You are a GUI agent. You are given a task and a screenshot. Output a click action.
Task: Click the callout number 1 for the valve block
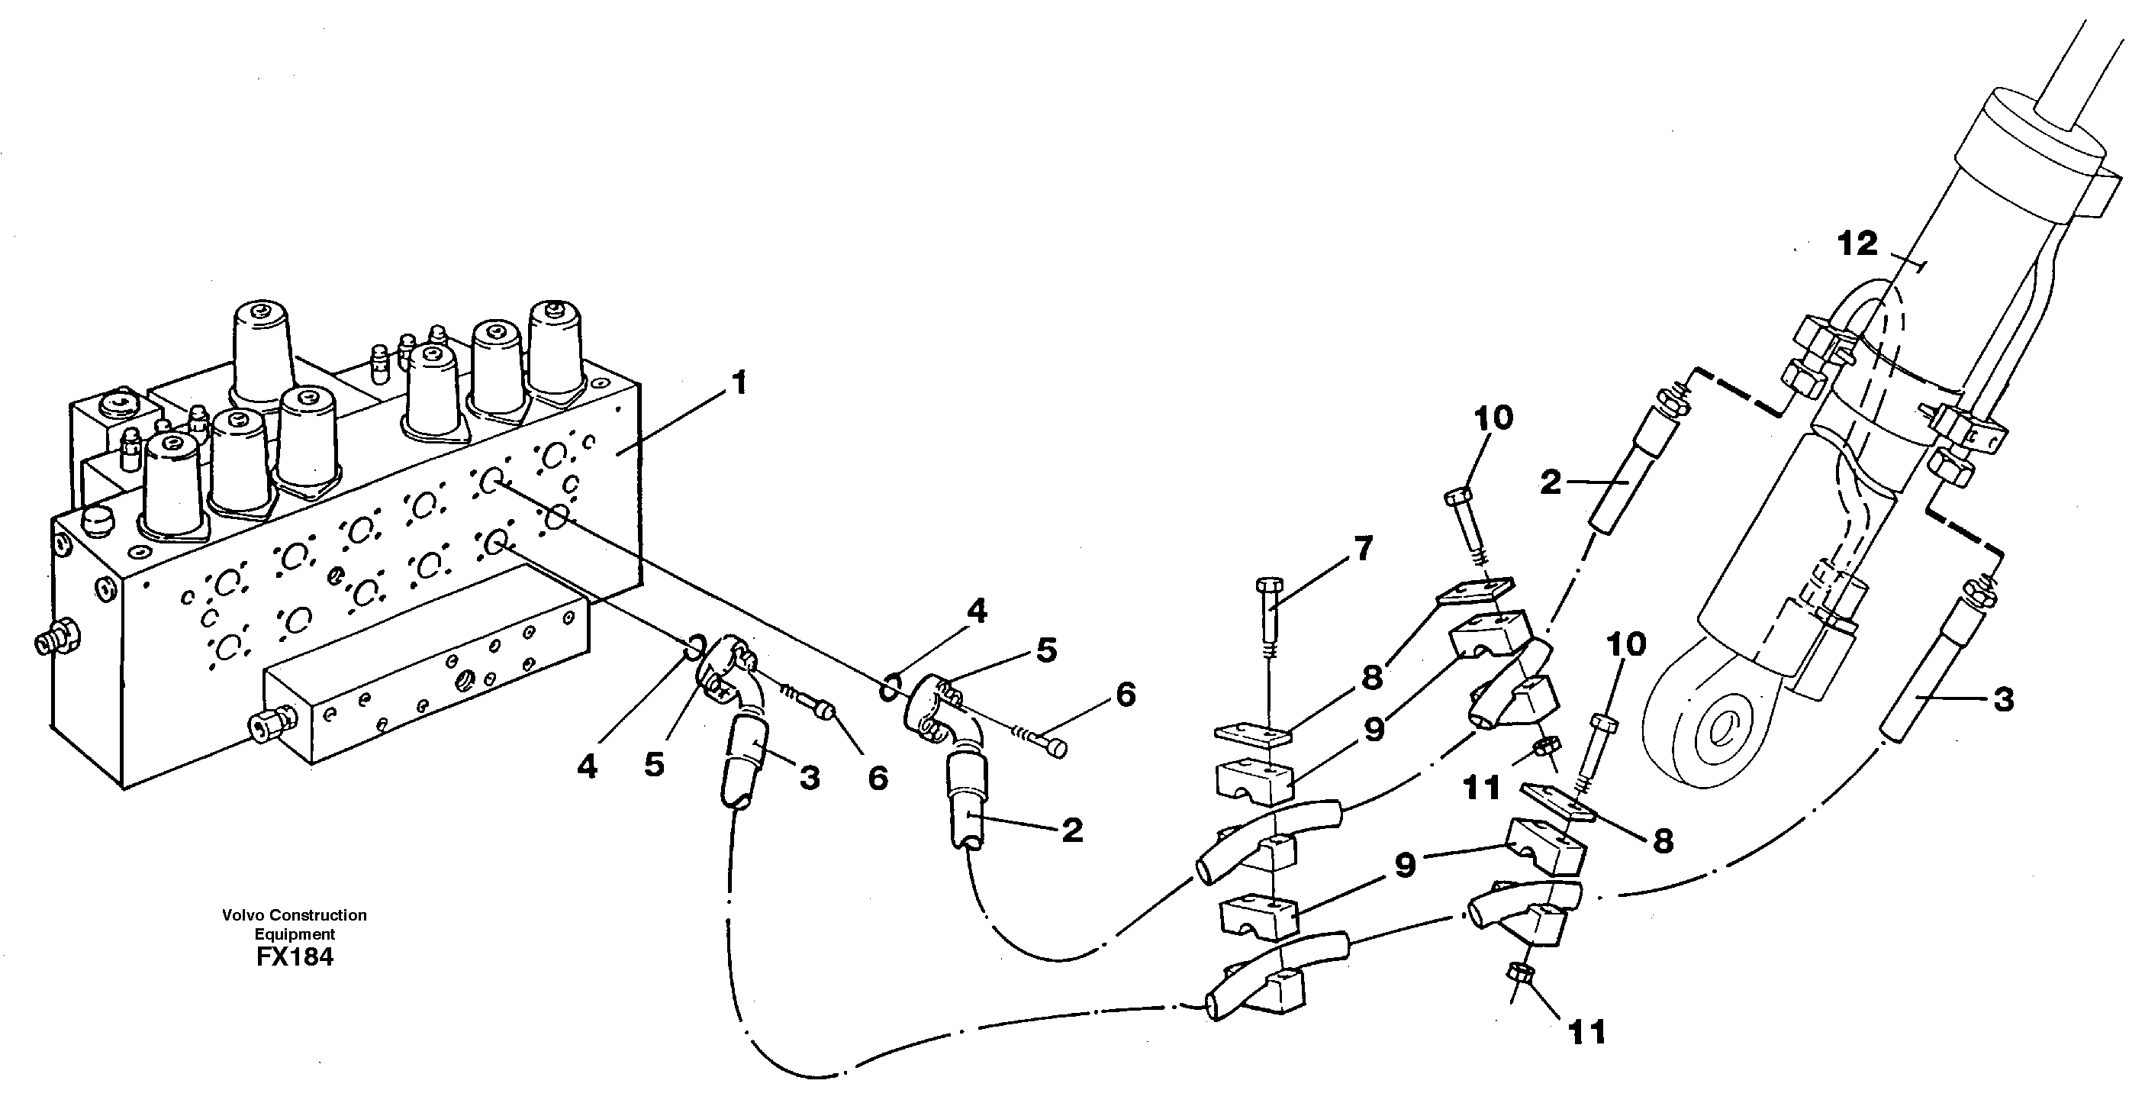pyautogui.click(x=738, y=384)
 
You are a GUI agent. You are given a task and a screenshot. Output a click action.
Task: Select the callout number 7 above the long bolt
pyautogui.click(x=1363, y=549)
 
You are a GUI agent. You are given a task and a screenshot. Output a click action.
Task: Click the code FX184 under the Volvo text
pyautogui.click(x=295, y=957)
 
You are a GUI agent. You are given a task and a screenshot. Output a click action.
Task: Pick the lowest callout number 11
pyautogui.click(x=1586, y=1033)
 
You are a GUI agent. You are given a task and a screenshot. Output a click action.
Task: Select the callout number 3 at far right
pyautogui.click(x=2002, y=699)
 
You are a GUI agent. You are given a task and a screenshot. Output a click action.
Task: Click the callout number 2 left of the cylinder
pyautogui.click(x=1550, y=482)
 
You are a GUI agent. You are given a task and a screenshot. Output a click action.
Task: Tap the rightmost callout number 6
pyautogui.click(x=1125, y=694)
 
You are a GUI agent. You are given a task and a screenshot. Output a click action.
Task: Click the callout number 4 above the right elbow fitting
pyautogui.click(x=976, y=611)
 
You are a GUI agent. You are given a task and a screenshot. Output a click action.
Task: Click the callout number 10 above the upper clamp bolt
pyautogui.click(x=1493, y=418)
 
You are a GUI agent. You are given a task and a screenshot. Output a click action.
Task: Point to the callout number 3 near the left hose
pyautogui.click(x=810, y=778)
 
